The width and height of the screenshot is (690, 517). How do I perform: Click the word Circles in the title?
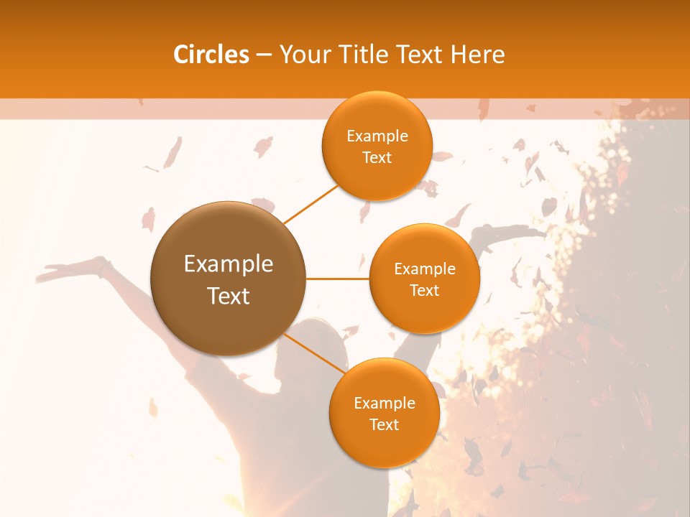211,55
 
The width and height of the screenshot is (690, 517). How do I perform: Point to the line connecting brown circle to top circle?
311,203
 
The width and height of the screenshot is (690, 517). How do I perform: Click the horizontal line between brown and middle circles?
337,278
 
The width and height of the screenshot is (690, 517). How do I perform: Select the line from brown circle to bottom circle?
314,355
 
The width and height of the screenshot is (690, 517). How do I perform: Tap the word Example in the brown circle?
229,264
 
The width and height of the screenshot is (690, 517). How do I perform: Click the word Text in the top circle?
377,157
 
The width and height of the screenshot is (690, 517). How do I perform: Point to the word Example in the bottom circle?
384,403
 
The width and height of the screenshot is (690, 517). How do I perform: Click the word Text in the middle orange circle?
424,290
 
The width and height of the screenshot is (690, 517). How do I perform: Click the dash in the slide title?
263,55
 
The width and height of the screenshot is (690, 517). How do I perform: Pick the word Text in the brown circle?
229,296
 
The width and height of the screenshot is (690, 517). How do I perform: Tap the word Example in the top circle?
377,136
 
